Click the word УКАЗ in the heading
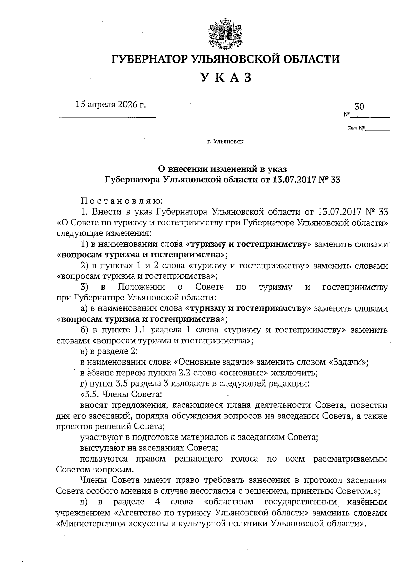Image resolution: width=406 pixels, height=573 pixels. pyautogui.click(x=226, y=77)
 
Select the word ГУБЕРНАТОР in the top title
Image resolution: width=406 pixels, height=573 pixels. pyautogui.click(x=150, y=59)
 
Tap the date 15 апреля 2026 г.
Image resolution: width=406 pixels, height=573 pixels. pyautogui.click(x=111, y=104)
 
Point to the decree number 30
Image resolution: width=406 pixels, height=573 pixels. pyautogui.click(x=359, y=107)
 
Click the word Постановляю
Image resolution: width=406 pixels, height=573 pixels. pyautogui.click(x=122, y=201)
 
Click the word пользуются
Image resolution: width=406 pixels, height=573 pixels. pyautogui.click(x=104, y=459)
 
